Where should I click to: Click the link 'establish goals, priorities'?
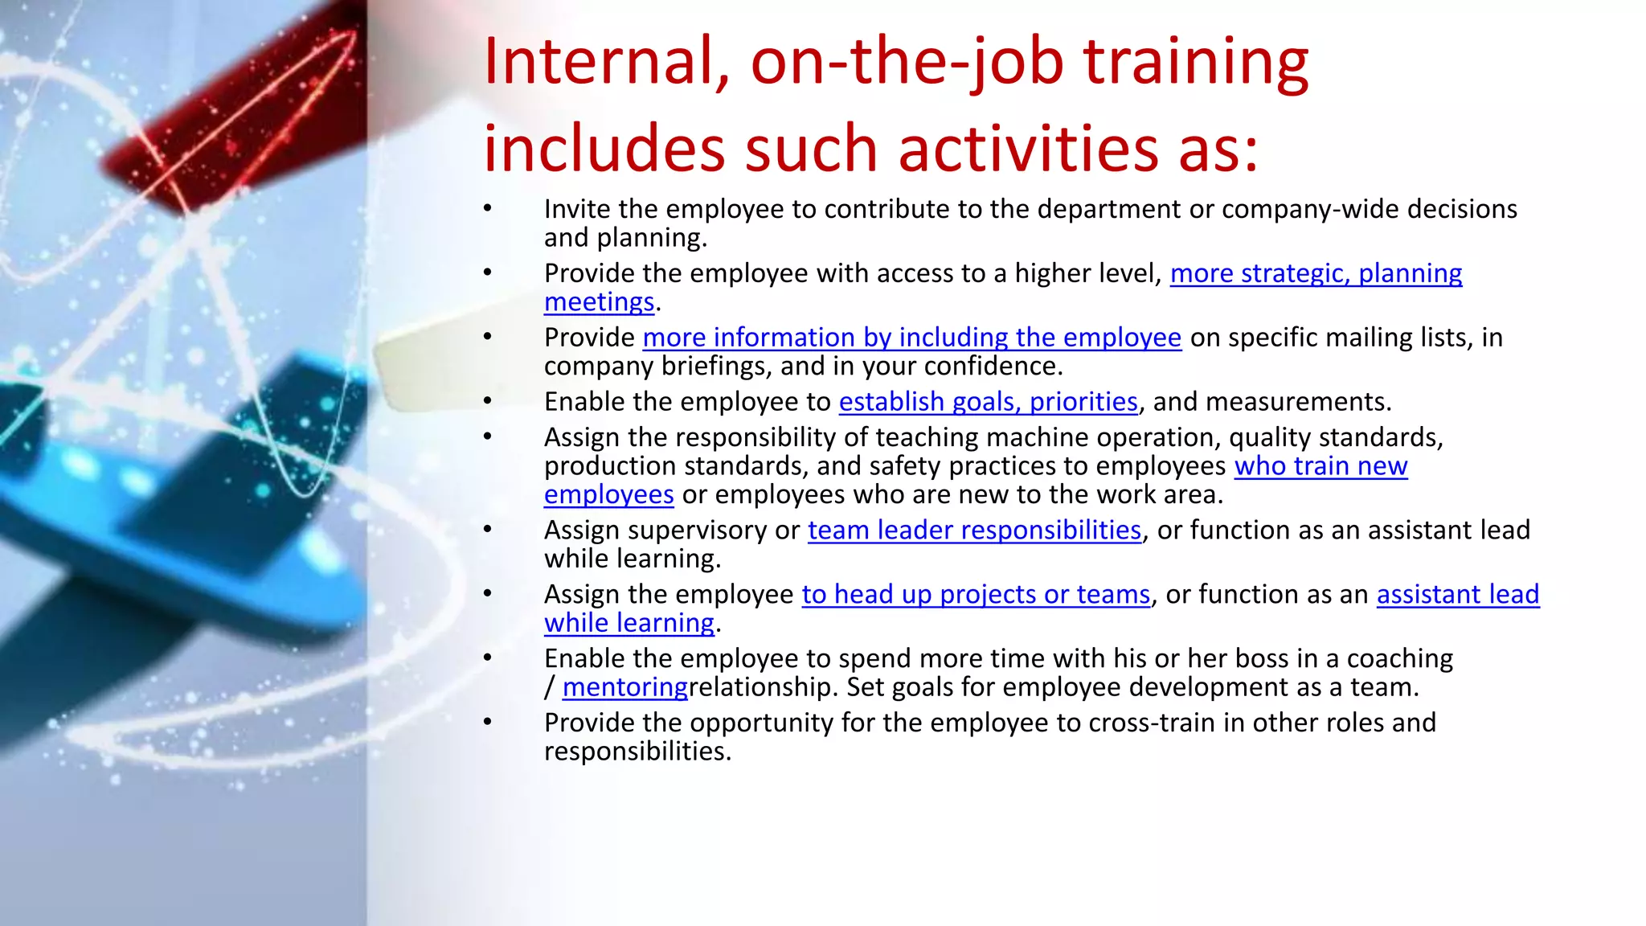tap(988, 401)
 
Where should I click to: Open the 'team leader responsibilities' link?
tap(974, 530)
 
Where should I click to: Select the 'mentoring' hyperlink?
tap(624, 687)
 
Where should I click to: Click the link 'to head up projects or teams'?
tap(976, 594)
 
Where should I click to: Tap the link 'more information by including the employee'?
tap(911, 338)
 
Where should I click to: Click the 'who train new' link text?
tap(1320, 466)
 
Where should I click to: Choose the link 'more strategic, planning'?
tap(1316, 273)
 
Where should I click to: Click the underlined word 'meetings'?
tap(599, 302)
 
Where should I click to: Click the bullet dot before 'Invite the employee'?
tap(487, 209)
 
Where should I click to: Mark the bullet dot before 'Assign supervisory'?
tap(487, 530)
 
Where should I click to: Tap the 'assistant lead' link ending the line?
tap(1457, 594)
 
